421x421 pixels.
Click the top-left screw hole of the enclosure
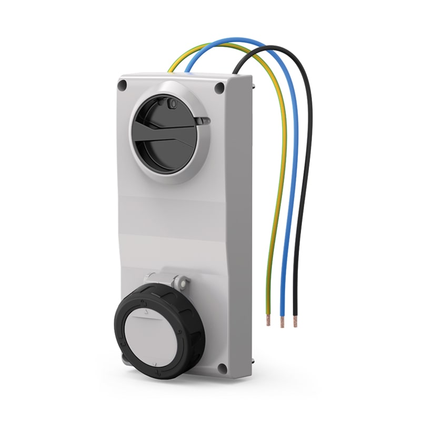point(125,84)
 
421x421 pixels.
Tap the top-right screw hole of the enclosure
point(219,87)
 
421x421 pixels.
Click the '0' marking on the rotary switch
point(171,104)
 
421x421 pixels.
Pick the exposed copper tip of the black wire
point(295,322)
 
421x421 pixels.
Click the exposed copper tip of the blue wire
point(282,322)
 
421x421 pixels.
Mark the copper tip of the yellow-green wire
point(268,320)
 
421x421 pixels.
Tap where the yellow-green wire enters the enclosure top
point(170,71)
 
